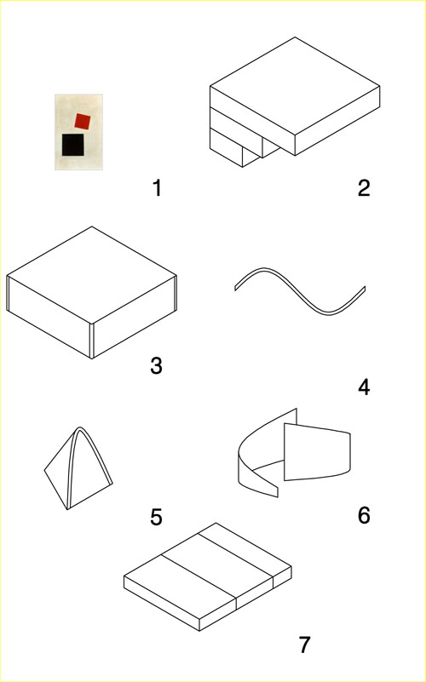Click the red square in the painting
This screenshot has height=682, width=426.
83,121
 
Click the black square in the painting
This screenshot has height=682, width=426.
72,145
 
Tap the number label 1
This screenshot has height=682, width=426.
156,187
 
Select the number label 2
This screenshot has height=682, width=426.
364,188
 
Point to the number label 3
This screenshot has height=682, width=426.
156,366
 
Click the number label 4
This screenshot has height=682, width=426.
364,387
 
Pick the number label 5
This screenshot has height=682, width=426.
156,517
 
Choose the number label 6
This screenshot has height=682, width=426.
364,515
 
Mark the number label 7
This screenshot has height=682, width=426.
304,645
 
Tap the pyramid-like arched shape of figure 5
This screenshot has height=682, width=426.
81,468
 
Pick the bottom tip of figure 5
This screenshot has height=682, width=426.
66,508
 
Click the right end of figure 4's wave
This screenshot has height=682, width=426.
364,289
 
